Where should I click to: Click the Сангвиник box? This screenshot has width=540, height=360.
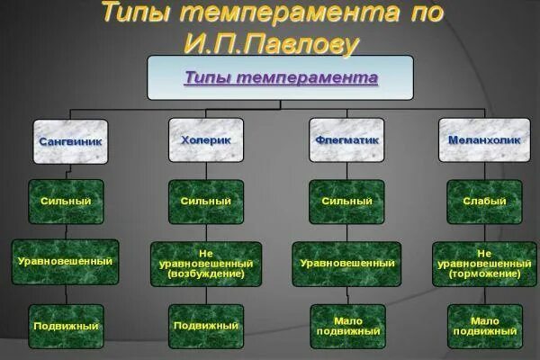71,141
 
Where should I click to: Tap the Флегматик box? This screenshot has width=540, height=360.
346,140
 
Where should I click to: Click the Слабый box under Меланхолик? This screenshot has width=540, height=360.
484,202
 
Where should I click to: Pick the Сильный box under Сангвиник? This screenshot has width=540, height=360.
66,202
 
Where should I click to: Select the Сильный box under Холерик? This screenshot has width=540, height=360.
206,202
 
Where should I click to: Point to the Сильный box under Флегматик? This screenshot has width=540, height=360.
346,202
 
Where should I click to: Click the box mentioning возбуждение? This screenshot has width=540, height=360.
206,264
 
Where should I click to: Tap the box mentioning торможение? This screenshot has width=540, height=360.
484,264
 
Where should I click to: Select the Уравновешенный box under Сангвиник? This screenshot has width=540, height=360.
66,262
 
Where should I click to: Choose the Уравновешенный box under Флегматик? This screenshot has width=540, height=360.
346,264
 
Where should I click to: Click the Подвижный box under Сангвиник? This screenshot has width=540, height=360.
66,326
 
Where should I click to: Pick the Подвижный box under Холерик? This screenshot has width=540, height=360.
206,326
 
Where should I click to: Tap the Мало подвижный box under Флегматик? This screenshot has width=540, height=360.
346,326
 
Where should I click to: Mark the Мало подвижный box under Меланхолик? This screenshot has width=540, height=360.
484,326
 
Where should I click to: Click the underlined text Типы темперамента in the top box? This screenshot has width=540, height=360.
281,77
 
